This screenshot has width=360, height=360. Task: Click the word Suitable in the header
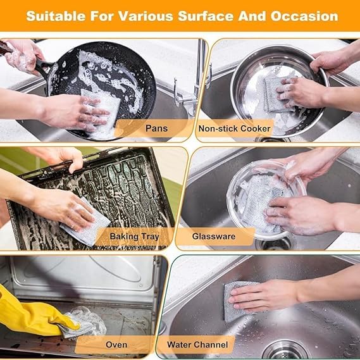[56, 16]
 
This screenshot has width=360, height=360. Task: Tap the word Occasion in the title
[304, 16]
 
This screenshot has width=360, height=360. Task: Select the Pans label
[156, 128]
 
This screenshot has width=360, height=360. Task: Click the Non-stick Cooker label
[234, 128]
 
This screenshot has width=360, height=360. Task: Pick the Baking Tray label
[134, 237]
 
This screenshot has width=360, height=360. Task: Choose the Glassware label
[214, 236]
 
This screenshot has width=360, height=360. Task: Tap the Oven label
[116, 345]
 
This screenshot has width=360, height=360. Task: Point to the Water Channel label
[197, 345]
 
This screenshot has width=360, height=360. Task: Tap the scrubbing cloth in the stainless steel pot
[276, 94]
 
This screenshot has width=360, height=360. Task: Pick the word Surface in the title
[206, 16]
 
